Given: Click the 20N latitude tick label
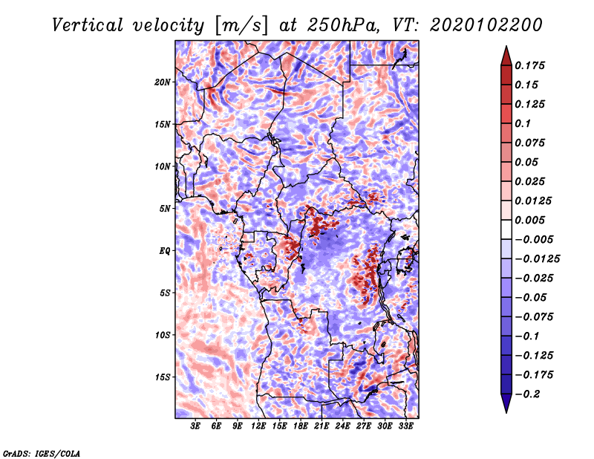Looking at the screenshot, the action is [163, 82].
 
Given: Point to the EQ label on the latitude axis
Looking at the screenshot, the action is [165, 251].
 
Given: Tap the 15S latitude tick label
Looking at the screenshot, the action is [163, 377].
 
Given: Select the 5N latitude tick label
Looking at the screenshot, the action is [165, 209].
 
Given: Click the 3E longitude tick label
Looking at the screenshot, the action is [195, 426].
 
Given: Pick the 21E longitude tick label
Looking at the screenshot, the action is [322, 426].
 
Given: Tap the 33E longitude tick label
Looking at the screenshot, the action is [405, 426].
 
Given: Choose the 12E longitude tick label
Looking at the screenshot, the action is [258, 426].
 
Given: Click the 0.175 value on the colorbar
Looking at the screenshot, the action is [529, 65].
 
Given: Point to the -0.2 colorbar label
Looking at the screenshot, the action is [527, 394].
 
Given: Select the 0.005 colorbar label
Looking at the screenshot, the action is [529, 220].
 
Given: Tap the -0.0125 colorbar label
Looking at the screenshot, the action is [537, 259].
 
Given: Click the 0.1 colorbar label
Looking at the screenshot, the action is [523, 123].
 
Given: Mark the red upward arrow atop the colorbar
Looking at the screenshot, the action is [506, 56].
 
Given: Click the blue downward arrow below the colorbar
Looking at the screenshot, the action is [506, 403].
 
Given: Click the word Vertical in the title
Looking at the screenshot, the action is [88, 25].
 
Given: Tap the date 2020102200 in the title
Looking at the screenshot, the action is [486, 25].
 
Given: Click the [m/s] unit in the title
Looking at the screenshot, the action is [241, 26].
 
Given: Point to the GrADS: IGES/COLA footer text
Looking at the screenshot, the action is [42, 453].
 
